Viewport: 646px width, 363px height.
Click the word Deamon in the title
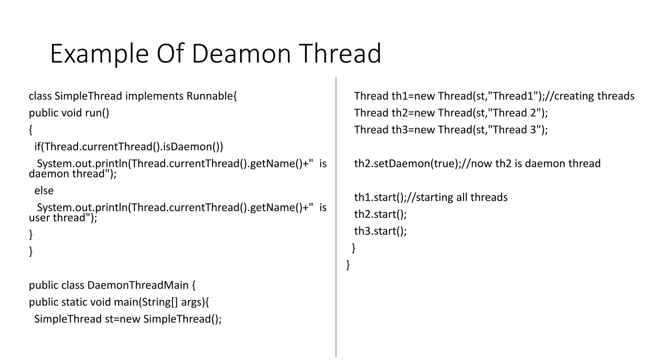[241, 54]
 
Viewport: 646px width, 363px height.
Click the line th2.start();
[380, 214]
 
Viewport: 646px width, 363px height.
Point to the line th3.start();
[380, 231]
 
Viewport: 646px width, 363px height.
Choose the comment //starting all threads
[457, 197]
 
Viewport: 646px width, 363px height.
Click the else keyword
[44, 191]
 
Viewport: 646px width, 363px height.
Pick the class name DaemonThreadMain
[138, 285]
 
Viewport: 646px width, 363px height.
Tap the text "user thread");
[63, 218]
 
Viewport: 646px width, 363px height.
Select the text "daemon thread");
[73, 174]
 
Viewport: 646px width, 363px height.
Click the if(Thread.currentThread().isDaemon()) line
[129, 147]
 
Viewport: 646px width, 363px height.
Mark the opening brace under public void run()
[31, 130]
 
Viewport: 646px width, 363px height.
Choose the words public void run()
[69, 113]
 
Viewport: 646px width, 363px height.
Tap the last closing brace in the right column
[348, 265]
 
